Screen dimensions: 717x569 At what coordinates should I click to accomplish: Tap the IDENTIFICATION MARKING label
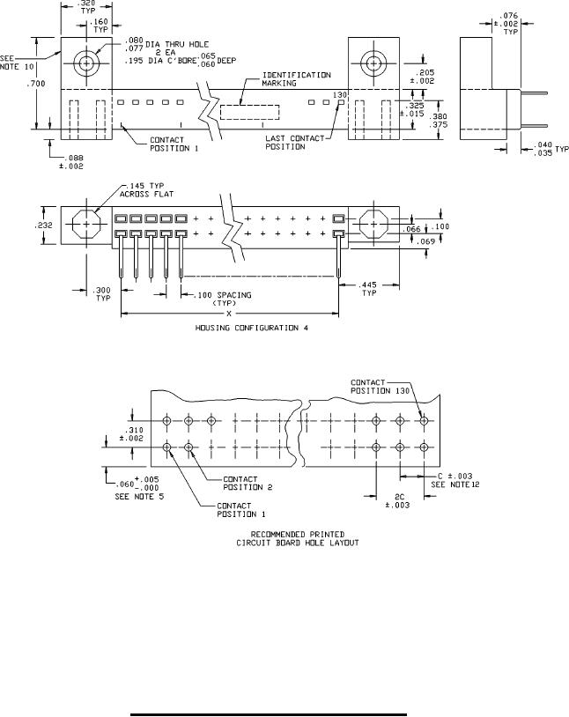(x=296, y=79)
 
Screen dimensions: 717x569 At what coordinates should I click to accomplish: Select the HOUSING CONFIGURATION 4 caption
(x=249, y=328)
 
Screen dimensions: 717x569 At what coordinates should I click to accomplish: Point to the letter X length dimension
(x=229, y=313)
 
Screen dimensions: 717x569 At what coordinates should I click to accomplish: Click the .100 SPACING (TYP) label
(x=221, y=297)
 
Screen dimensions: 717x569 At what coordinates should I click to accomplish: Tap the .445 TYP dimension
(x=369, y=289)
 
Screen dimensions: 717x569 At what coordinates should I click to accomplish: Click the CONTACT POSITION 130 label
(x=377, y=386)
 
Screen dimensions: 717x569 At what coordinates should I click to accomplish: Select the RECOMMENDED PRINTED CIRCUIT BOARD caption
(x=291, y=539)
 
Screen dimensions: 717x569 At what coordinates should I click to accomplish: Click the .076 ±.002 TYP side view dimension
(x=510, y=21)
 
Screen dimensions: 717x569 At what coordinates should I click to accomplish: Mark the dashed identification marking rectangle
(x=248, y=113)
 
